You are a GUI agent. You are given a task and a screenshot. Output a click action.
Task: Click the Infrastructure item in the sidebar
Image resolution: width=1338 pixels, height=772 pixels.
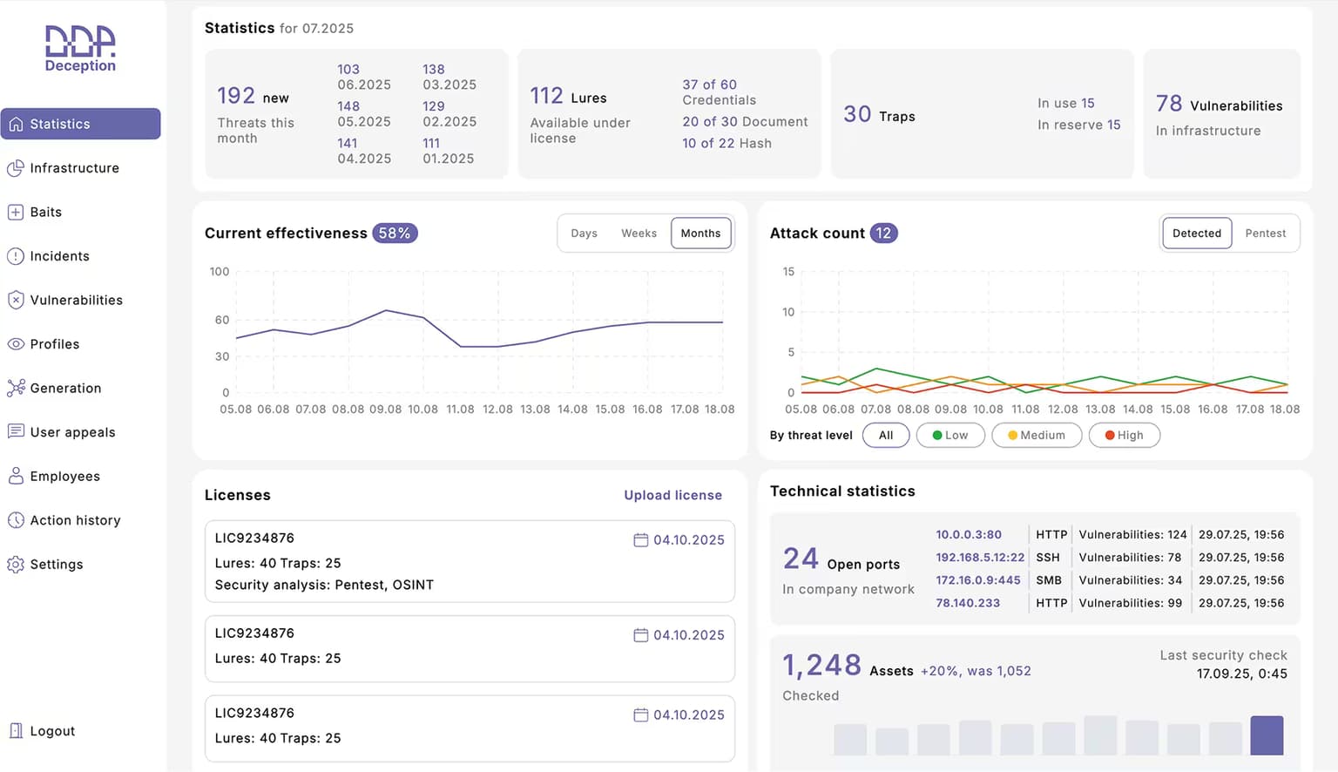(64, 168)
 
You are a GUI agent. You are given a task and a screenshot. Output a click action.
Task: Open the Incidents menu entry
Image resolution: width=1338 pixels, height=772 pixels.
(49, 256)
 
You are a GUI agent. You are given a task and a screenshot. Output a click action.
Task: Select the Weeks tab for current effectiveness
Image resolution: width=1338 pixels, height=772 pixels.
(639, 233)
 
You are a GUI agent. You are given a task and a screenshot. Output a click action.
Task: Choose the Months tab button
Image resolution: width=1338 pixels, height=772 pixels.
(700, 233)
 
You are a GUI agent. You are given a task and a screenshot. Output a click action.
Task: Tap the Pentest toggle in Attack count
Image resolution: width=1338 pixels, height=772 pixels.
(1265, 233)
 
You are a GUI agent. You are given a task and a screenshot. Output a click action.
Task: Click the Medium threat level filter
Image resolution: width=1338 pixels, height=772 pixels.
(1037, 435)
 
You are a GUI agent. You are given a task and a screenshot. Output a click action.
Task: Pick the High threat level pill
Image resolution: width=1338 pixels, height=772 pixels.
(1125, 435)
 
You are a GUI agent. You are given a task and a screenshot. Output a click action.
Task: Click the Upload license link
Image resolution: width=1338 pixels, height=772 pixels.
(672, 495)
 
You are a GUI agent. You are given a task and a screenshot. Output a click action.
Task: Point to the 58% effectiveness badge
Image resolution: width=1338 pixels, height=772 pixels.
(395, 233)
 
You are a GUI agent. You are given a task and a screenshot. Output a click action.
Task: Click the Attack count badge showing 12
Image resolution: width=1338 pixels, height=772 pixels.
(883, 233)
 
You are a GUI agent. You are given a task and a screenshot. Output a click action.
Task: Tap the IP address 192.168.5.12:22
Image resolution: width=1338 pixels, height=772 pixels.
(980, 558)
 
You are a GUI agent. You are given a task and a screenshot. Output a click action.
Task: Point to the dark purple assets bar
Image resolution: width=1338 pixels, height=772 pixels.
(1267, 735)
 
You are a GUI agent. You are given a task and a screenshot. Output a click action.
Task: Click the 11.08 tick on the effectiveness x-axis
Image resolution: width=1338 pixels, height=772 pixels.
(460, 410)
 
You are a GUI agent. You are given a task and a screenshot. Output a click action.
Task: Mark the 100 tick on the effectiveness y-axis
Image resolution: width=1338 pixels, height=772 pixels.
(220, 272)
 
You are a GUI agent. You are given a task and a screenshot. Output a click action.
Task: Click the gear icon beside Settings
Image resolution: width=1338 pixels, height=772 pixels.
(16, 564)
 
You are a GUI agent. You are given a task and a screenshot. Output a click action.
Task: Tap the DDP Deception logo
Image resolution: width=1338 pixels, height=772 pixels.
(81, 49)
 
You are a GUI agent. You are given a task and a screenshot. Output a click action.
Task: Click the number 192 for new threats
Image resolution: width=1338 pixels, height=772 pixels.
(236, 96)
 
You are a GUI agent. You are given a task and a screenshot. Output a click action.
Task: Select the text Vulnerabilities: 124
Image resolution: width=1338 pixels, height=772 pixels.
(1132, 535)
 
